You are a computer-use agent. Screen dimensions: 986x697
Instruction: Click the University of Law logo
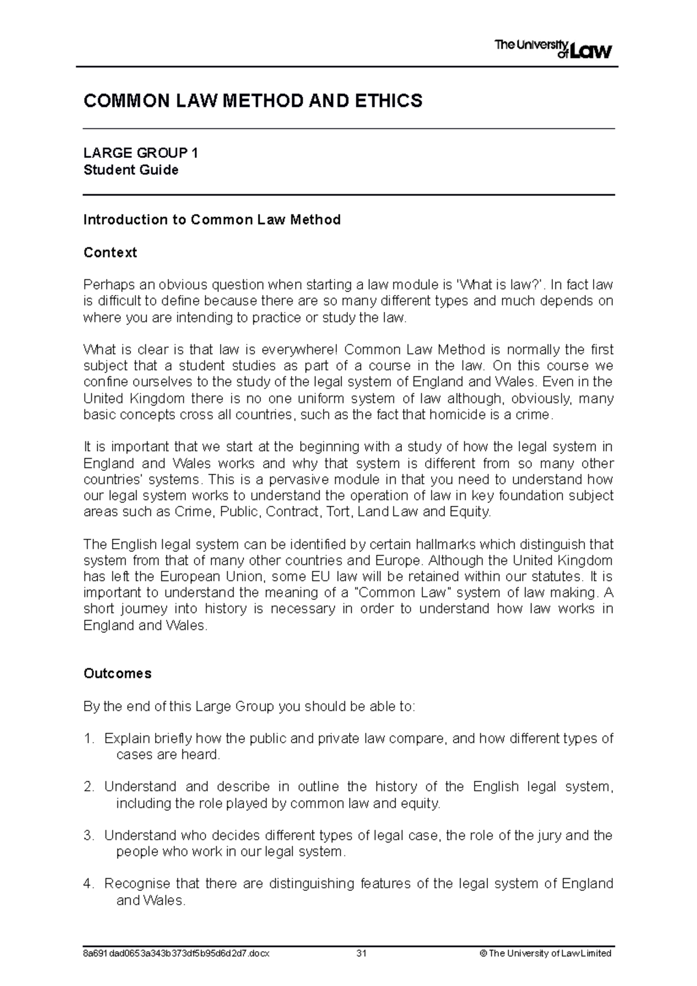point(552,49)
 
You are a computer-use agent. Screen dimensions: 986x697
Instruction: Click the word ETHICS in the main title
point(390,101)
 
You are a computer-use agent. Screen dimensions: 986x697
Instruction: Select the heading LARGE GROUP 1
point(141,153)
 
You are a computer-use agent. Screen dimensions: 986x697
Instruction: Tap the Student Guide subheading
point(131,170)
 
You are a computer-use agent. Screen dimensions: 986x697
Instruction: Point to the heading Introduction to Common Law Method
point(211,219)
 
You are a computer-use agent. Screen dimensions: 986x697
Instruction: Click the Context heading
point(110,253)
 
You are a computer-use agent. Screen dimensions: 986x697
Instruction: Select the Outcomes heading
point(117,674)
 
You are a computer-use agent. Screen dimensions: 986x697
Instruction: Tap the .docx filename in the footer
point(177,953)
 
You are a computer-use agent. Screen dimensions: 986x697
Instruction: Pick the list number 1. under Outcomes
point(88,739)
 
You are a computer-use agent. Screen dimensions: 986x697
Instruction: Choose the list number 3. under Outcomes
point(88,836)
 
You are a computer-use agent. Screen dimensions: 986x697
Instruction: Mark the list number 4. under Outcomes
point(88,884)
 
